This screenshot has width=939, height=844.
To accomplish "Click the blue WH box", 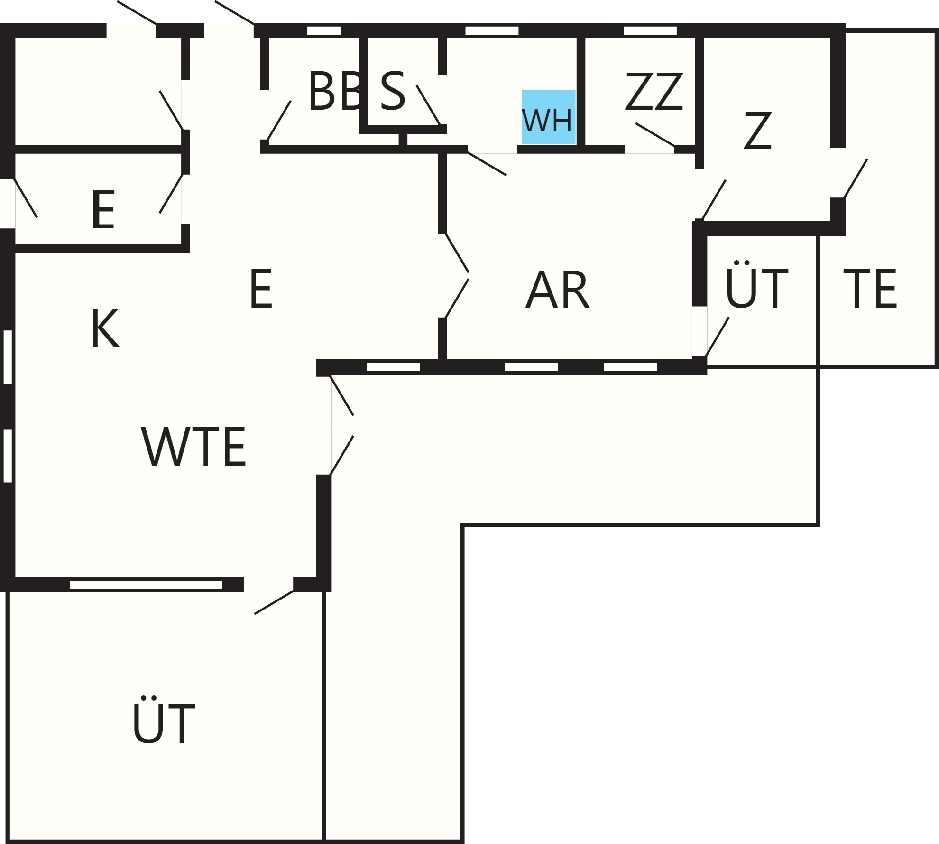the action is [548, 117].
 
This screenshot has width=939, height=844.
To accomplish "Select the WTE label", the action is [193, 447].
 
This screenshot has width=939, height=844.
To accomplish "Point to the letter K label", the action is [105, 328].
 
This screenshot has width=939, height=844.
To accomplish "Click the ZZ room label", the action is [654, 91].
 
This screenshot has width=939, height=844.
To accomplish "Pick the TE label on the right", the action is [870, 289].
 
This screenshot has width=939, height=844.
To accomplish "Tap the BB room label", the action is [335, 91].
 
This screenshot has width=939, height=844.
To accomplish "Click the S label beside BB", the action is [393, 91].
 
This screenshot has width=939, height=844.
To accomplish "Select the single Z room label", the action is [757, 131].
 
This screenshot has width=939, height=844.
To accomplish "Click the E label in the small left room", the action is [103, 209].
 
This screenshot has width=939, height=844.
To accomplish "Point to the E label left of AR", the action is [261, 289].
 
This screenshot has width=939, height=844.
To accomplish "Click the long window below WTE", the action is [146, 585].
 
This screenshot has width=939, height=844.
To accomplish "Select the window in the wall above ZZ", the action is [650, 30].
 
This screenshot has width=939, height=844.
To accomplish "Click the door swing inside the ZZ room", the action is [654, 135].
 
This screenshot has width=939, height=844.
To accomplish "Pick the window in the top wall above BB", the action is [324, 30].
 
